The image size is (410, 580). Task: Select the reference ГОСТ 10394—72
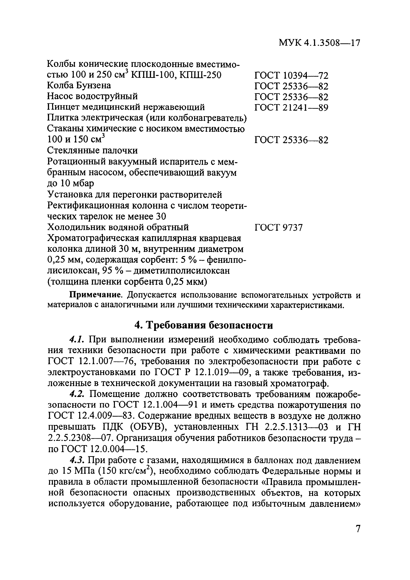click(291, 75)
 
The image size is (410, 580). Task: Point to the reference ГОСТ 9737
click(278, 228)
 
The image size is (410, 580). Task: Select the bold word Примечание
click(97, 295)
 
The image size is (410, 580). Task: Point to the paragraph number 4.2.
click(77, 394)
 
